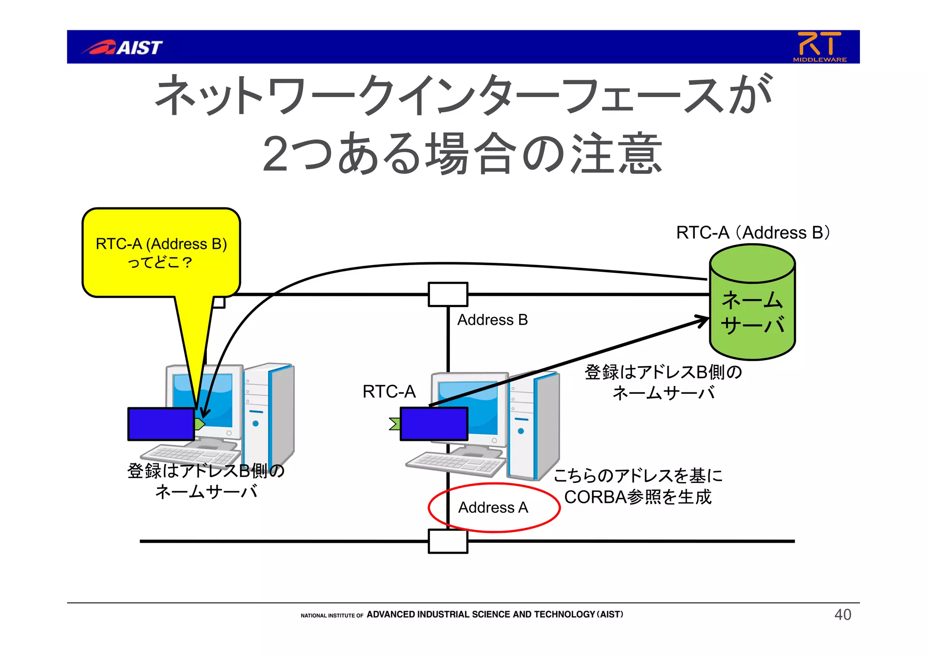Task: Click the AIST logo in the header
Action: tap(122, 47)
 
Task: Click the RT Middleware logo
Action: tap(819, 46)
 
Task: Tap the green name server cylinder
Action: tap(752, 313)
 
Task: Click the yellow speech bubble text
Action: tap(161, 253)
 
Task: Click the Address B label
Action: tap(492, 320)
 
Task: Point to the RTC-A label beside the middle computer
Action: tap(389, 391)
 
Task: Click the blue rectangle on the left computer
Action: tap(161, 424)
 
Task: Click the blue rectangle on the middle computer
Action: tap(434, 424)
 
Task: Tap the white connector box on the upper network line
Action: tap(448, 294)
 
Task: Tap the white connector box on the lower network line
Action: tap(448, 541)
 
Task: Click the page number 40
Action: tap(842, 615)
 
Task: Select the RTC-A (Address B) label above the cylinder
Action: tap(752, 232)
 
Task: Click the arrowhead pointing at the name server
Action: tap(703, 320)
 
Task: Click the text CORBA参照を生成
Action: tap(638, 497)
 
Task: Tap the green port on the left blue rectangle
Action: tap(200, 424)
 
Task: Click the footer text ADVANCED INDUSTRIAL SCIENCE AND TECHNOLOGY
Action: tap(480, 615)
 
